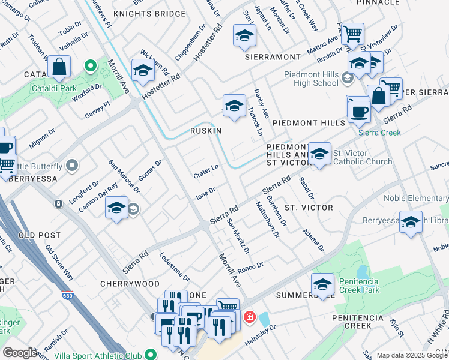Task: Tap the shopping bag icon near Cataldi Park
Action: point(59,68)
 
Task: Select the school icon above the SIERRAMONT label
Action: point(244,37)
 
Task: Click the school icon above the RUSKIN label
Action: point(234,106)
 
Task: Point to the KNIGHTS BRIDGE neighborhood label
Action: point(149,13)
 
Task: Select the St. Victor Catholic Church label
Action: point(362,157)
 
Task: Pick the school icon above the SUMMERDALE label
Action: point(322,284)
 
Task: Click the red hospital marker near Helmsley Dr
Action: point(249,316)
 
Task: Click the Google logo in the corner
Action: point(20,353)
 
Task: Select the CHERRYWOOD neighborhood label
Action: point(130,284)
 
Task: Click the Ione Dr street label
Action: point(206,193)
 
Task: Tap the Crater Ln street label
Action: point(205,172)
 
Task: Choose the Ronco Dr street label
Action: point(250,268)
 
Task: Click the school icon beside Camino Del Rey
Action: point(116,209)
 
